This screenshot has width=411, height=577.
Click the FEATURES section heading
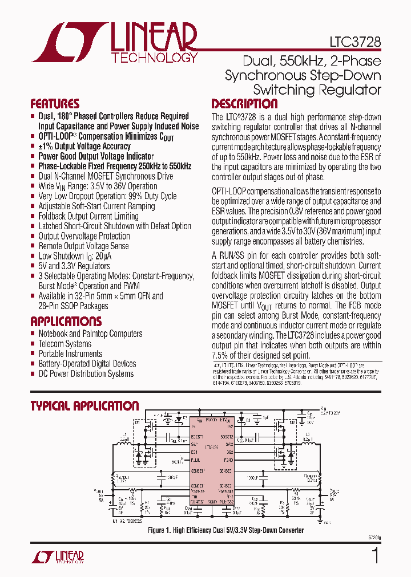(x=55, y=104)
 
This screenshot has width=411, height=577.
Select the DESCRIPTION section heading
(x=244, y=104)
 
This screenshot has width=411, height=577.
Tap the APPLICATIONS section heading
(x=66, y=321)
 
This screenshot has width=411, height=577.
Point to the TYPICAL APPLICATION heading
(x=84, y=406)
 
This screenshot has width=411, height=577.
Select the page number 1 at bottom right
(x=375, y=556)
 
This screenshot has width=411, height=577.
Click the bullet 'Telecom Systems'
(x=65, y=344)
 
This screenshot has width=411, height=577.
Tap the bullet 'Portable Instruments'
(x=70, y=353)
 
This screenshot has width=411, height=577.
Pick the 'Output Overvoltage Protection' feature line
(x=84, y=236)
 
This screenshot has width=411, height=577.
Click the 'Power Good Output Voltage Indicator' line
(x=96, y=156)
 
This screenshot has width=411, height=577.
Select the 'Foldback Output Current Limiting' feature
(x=88, y=216)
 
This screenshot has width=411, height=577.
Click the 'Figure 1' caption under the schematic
(x=225, y=530)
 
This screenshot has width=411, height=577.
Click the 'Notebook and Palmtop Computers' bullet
(x=90, y=334)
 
